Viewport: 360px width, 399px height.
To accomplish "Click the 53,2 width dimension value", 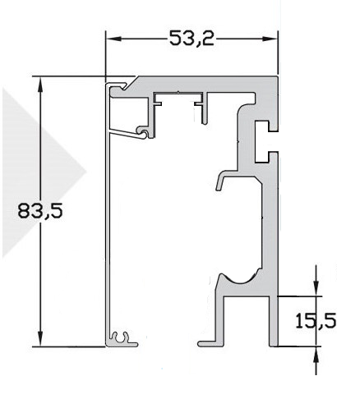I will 192,39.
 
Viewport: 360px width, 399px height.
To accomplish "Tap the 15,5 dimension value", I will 316,321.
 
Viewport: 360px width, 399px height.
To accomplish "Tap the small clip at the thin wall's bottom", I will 122,337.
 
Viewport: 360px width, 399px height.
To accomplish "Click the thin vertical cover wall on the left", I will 107,230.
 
